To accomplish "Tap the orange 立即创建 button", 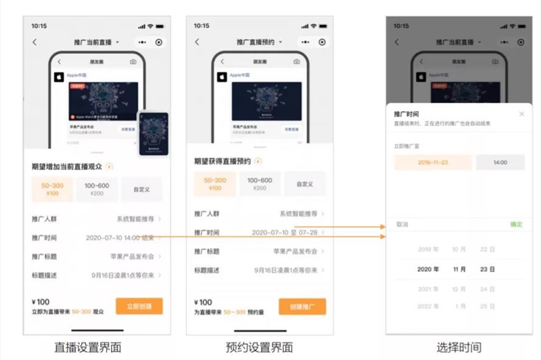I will (x=139, y=306).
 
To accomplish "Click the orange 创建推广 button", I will (x=302, y=306).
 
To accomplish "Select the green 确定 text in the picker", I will (x=516, y=224).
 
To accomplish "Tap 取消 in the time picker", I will (x=402, y=224).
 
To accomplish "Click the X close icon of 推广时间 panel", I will (x=521, y=114).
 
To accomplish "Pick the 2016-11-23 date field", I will (x=433, y=162).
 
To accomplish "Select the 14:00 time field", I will (x=500, y=162).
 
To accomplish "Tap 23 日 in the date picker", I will (x=487, y=269).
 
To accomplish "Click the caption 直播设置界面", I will (x=88, y=347).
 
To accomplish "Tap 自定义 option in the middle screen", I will (x=304, y=184).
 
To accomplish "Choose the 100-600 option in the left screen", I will (x=97, y=189).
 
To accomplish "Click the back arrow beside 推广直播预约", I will (x=197, y=42).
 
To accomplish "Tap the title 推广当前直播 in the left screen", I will (x=93, y=42).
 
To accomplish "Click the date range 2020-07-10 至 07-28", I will (x=284, y=232).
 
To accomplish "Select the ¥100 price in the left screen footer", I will (x=41, y=302).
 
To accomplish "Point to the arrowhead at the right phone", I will (x=383, y=237).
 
